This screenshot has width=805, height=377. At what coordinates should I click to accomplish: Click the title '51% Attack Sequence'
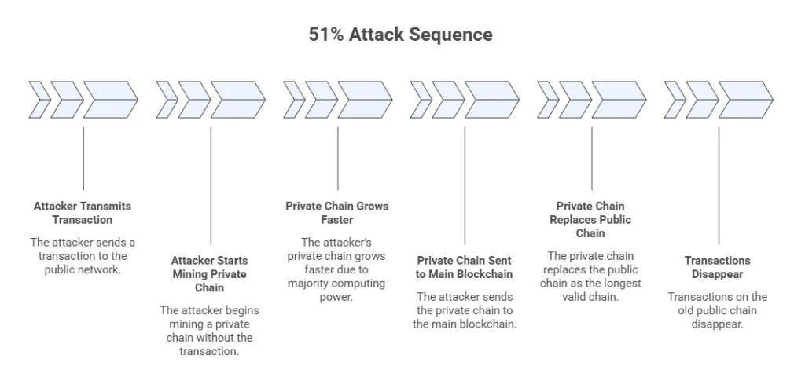pyautogui.click(x=400, y=35)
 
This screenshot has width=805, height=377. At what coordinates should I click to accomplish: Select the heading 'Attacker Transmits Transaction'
pyautogui.click(x=83, y=213)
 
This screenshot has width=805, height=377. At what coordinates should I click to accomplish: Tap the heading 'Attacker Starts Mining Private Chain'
pyautogui.click(x=209, y=274)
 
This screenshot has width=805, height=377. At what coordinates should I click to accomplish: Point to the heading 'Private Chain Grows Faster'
pyautogui.click(x=336, y=213)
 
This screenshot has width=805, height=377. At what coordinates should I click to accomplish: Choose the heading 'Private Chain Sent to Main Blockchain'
pyautogui.click(x=464, y=267)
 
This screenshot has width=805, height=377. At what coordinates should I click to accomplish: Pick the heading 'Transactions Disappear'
pyautogui.click(x=717, y=267)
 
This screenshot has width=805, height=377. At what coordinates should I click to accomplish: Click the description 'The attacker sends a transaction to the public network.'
pyautogui.click(x=83, y=256)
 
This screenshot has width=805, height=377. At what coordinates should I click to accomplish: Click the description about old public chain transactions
pyautogui.click(x=717, y=310)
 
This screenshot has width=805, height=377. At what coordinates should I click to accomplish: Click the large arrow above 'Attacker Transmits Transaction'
pyautogui.click(x=110, y=100)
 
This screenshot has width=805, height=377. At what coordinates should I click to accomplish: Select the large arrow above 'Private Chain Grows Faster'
pyautogui.click(x=365, y=100)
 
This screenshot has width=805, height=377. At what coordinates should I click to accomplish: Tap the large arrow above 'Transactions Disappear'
pyautogui.click(x=745, y=100)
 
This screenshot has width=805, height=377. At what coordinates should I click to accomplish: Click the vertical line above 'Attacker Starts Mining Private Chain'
pyautogui.click(x=211, y=185)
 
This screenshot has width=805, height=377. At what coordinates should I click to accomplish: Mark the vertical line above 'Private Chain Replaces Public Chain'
pyautogui.click(x=592, y=157)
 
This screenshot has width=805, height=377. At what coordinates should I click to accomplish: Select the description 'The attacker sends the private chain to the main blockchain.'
pyautogui.click(x=464, y=310)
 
